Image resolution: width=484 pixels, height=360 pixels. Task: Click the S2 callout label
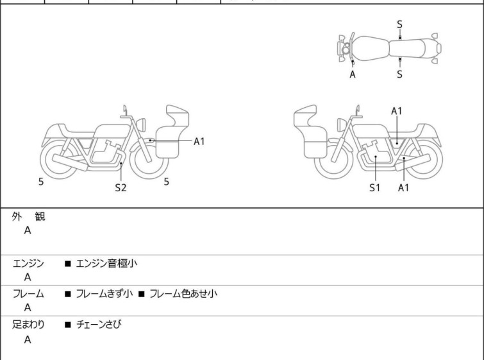click(x=121, y=188)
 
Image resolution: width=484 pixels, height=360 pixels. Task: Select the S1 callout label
click(x=374, y=188)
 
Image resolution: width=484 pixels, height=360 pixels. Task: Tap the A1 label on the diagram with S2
click(x=199, y=141)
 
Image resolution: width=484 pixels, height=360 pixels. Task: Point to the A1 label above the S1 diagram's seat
click(x=397, y=111)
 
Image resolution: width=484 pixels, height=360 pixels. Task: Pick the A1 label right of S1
click(x=403, y=188)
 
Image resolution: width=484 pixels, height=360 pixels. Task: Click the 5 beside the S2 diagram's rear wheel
click(x=41, y=182)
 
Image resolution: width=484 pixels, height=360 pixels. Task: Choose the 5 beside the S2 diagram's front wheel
click(x=166, y=182)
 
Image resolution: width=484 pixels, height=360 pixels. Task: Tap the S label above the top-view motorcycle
click(x=399, y=24)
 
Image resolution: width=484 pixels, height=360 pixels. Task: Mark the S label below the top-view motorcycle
click(x=399, y=74)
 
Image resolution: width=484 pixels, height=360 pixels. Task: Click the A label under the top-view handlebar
click(x=353, y=74)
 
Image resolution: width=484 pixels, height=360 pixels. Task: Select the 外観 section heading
click(x=28, y=217)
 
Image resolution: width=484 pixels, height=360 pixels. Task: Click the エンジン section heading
click(x=28, y=263)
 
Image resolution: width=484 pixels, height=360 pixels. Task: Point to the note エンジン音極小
click(x=106, y=263)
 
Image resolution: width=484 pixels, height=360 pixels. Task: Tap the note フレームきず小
click(x=104, y=294)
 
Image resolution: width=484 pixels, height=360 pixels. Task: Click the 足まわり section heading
click(x=28, y=325)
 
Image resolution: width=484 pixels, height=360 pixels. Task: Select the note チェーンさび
click(x=99, y=325)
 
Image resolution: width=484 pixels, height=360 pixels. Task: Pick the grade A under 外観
click(x=28, y=231)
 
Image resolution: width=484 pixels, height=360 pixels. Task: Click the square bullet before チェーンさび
click(x=67, y=325)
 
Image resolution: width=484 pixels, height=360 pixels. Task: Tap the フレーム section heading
click(x=28, y=294)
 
